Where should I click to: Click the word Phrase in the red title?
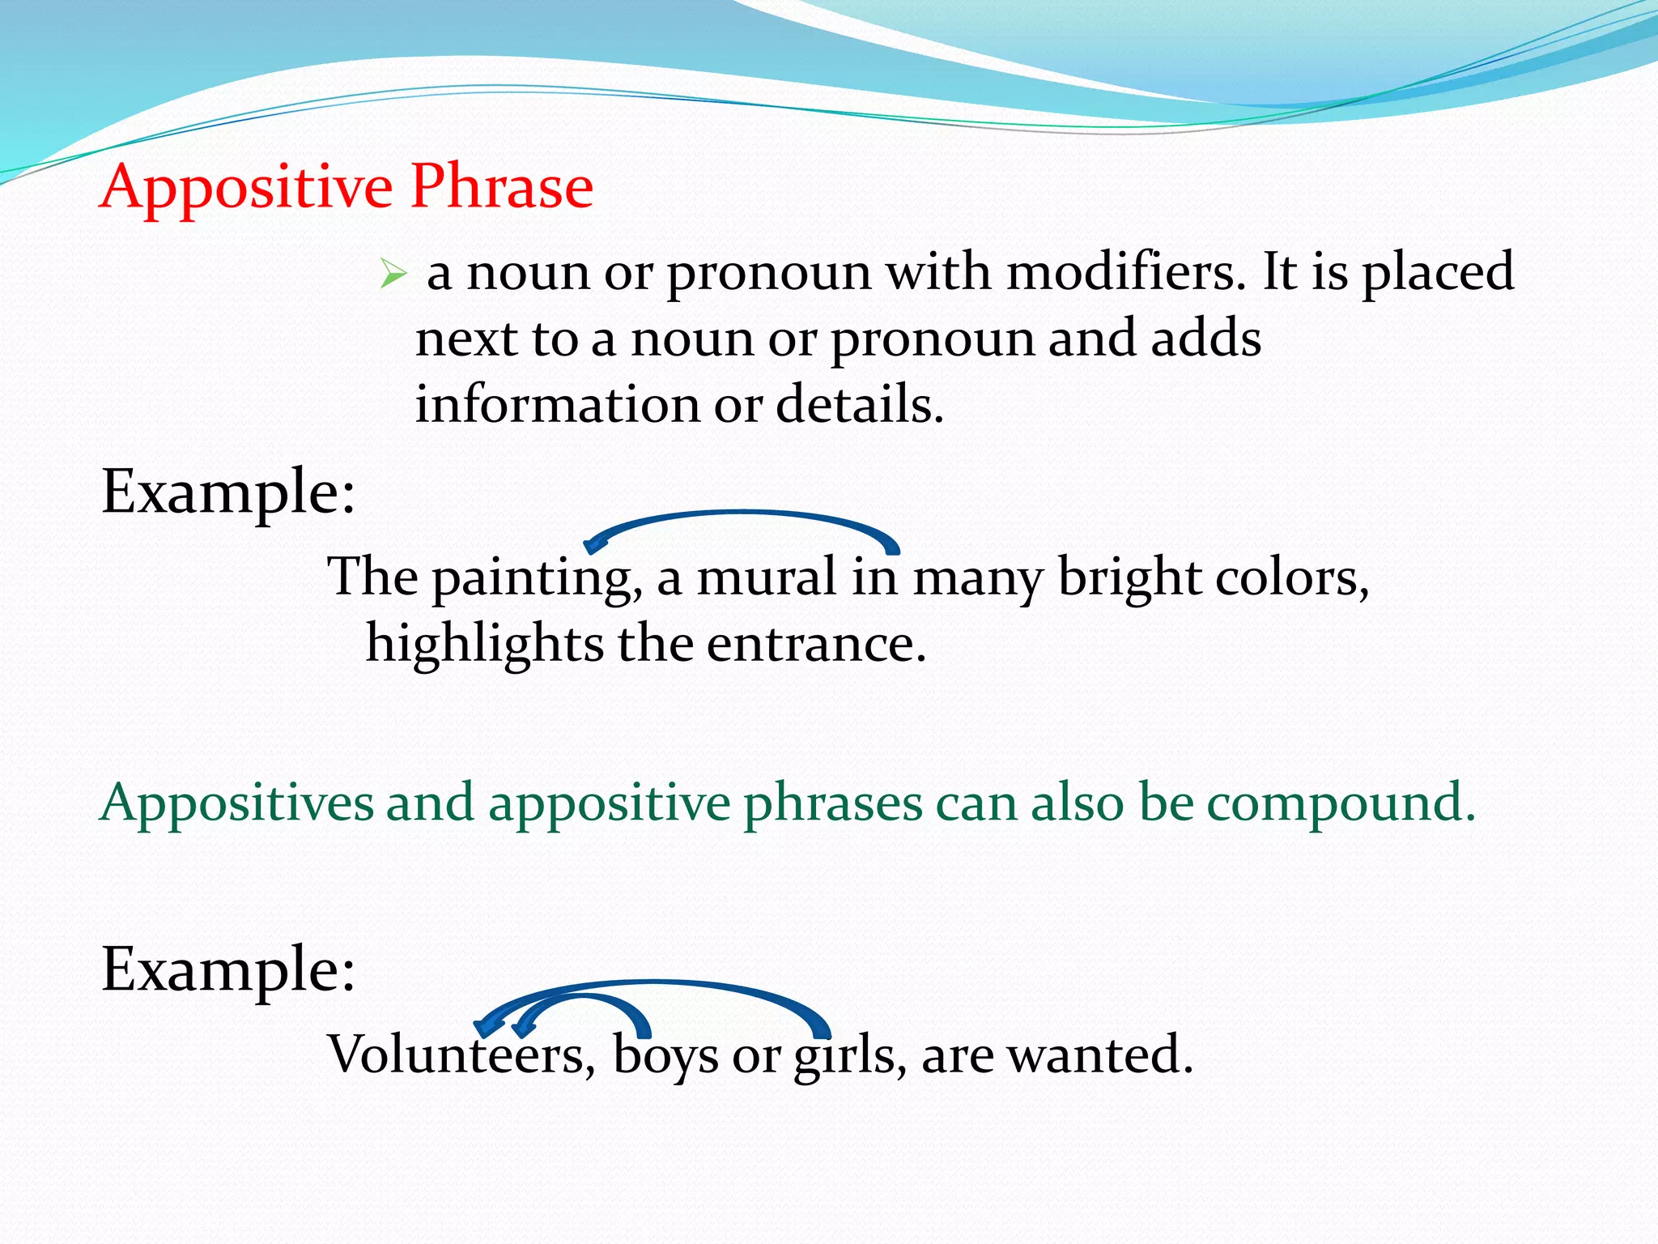501,186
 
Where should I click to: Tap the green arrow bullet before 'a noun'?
392,275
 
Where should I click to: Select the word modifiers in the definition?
1125,272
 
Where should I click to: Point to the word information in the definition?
557,404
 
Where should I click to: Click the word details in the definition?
858,404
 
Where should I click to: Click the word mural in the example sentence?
766,577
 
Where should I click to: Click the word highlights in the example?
484,645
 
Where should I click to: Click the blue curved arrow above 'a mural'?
741,515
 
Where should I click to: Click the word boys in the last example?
665,1055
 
